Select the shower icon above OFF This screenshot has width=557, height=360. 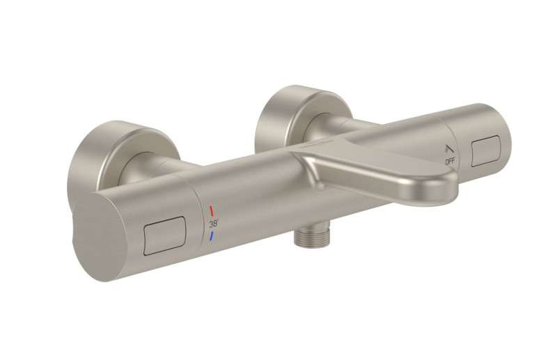[448, 149]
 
